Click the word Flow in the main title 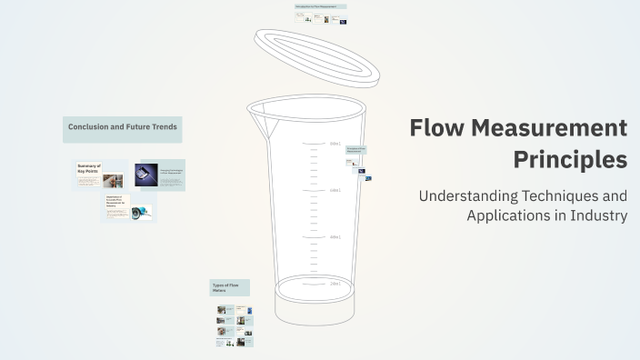437,128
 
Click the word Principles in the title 570,159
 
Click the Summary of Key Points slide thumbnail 99,175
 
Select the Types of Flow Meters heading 229,288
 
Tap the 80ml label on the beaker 335,144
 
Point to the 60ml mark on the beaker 335,190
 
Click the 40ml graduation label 335,237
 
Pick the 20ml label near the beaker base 335,284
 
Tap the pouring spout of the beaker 260,114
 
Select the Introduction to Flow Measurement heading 320,6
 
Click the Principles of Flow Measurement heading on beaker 355,149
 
